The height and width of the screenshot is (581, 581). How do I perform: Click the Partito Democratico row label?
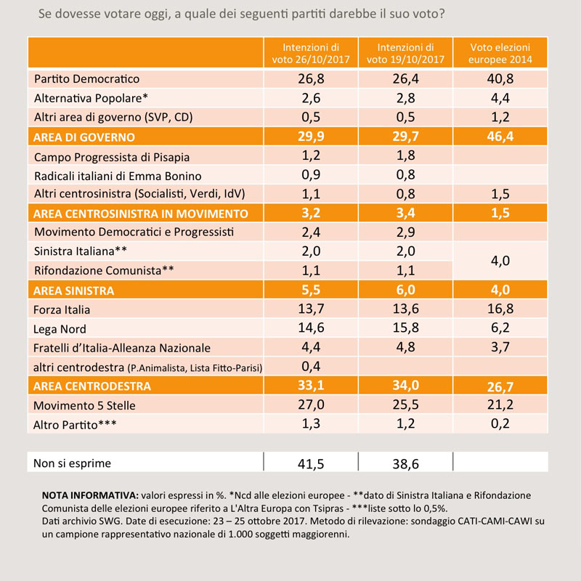(86, 79)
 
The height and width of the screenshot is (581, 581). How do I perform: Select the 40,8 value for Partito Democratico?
(500, 79)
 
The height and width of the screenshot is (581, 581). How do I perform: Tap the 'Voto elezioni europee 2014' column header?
(500, 53)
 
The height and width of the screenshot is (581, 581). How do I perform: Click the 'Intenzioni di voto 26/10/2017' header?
(311, 53)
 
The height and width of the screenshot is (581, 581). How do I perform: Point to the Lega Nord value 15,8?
(406, 328)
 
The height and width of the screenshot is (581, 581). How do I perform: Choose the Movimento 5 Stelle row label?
(84, 406)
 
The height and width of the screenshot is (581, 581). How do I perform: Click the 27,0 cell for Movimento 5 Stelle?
(311, 405)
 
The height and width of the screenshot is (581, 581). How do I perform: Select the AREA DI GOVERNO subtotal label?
(84, 137)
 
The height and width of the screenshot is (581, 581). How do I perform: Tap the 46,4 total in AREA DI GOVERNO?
(500, 137)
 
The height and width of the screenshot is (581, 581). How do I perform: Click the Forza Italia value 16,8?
(500, 309)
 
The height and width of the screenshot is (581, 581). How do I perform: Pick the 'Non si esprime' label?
(72, 463)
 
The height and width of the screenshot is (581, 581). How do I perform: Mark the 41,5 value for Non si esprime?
(311, 464)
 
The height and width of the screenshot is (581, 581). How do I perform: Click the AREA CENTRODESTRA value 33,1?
(311, 386)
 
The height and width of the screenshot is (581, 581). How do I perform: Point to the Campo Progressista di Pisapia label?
(112, 158)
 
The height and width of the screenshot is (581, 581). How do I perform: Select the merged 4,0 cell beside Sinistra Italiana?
(500, 261)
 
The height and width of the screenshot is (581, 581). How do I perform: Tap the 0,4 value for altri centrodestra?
(311, 367)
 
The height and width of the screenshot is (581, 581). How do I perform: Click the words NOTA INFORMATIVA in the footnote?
(90, 496)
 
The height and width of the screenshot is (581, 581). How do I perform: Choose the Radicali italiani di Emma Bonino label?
(118, 176)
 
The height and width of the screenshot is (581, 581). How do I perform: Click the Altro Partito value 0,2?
(500, 423)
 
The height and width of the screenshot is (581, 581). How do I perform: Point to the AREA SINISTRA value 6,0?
(406, 290)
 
